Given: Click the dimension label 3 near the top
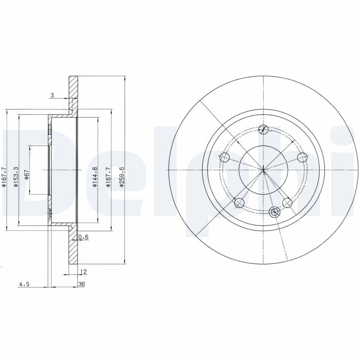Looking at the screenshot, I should pos(52,95).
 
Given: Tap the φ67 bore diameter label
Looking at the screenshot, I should pos(27,175).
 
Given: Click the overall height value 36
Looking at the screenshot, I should pos(81,284).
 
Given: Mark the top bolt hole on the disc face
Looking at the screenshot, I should pos(264,130).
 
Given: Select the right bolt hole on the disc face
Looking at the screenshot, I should pos(303,157).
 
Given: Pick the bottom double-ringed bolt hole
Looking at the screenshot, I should pos(274,211).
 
